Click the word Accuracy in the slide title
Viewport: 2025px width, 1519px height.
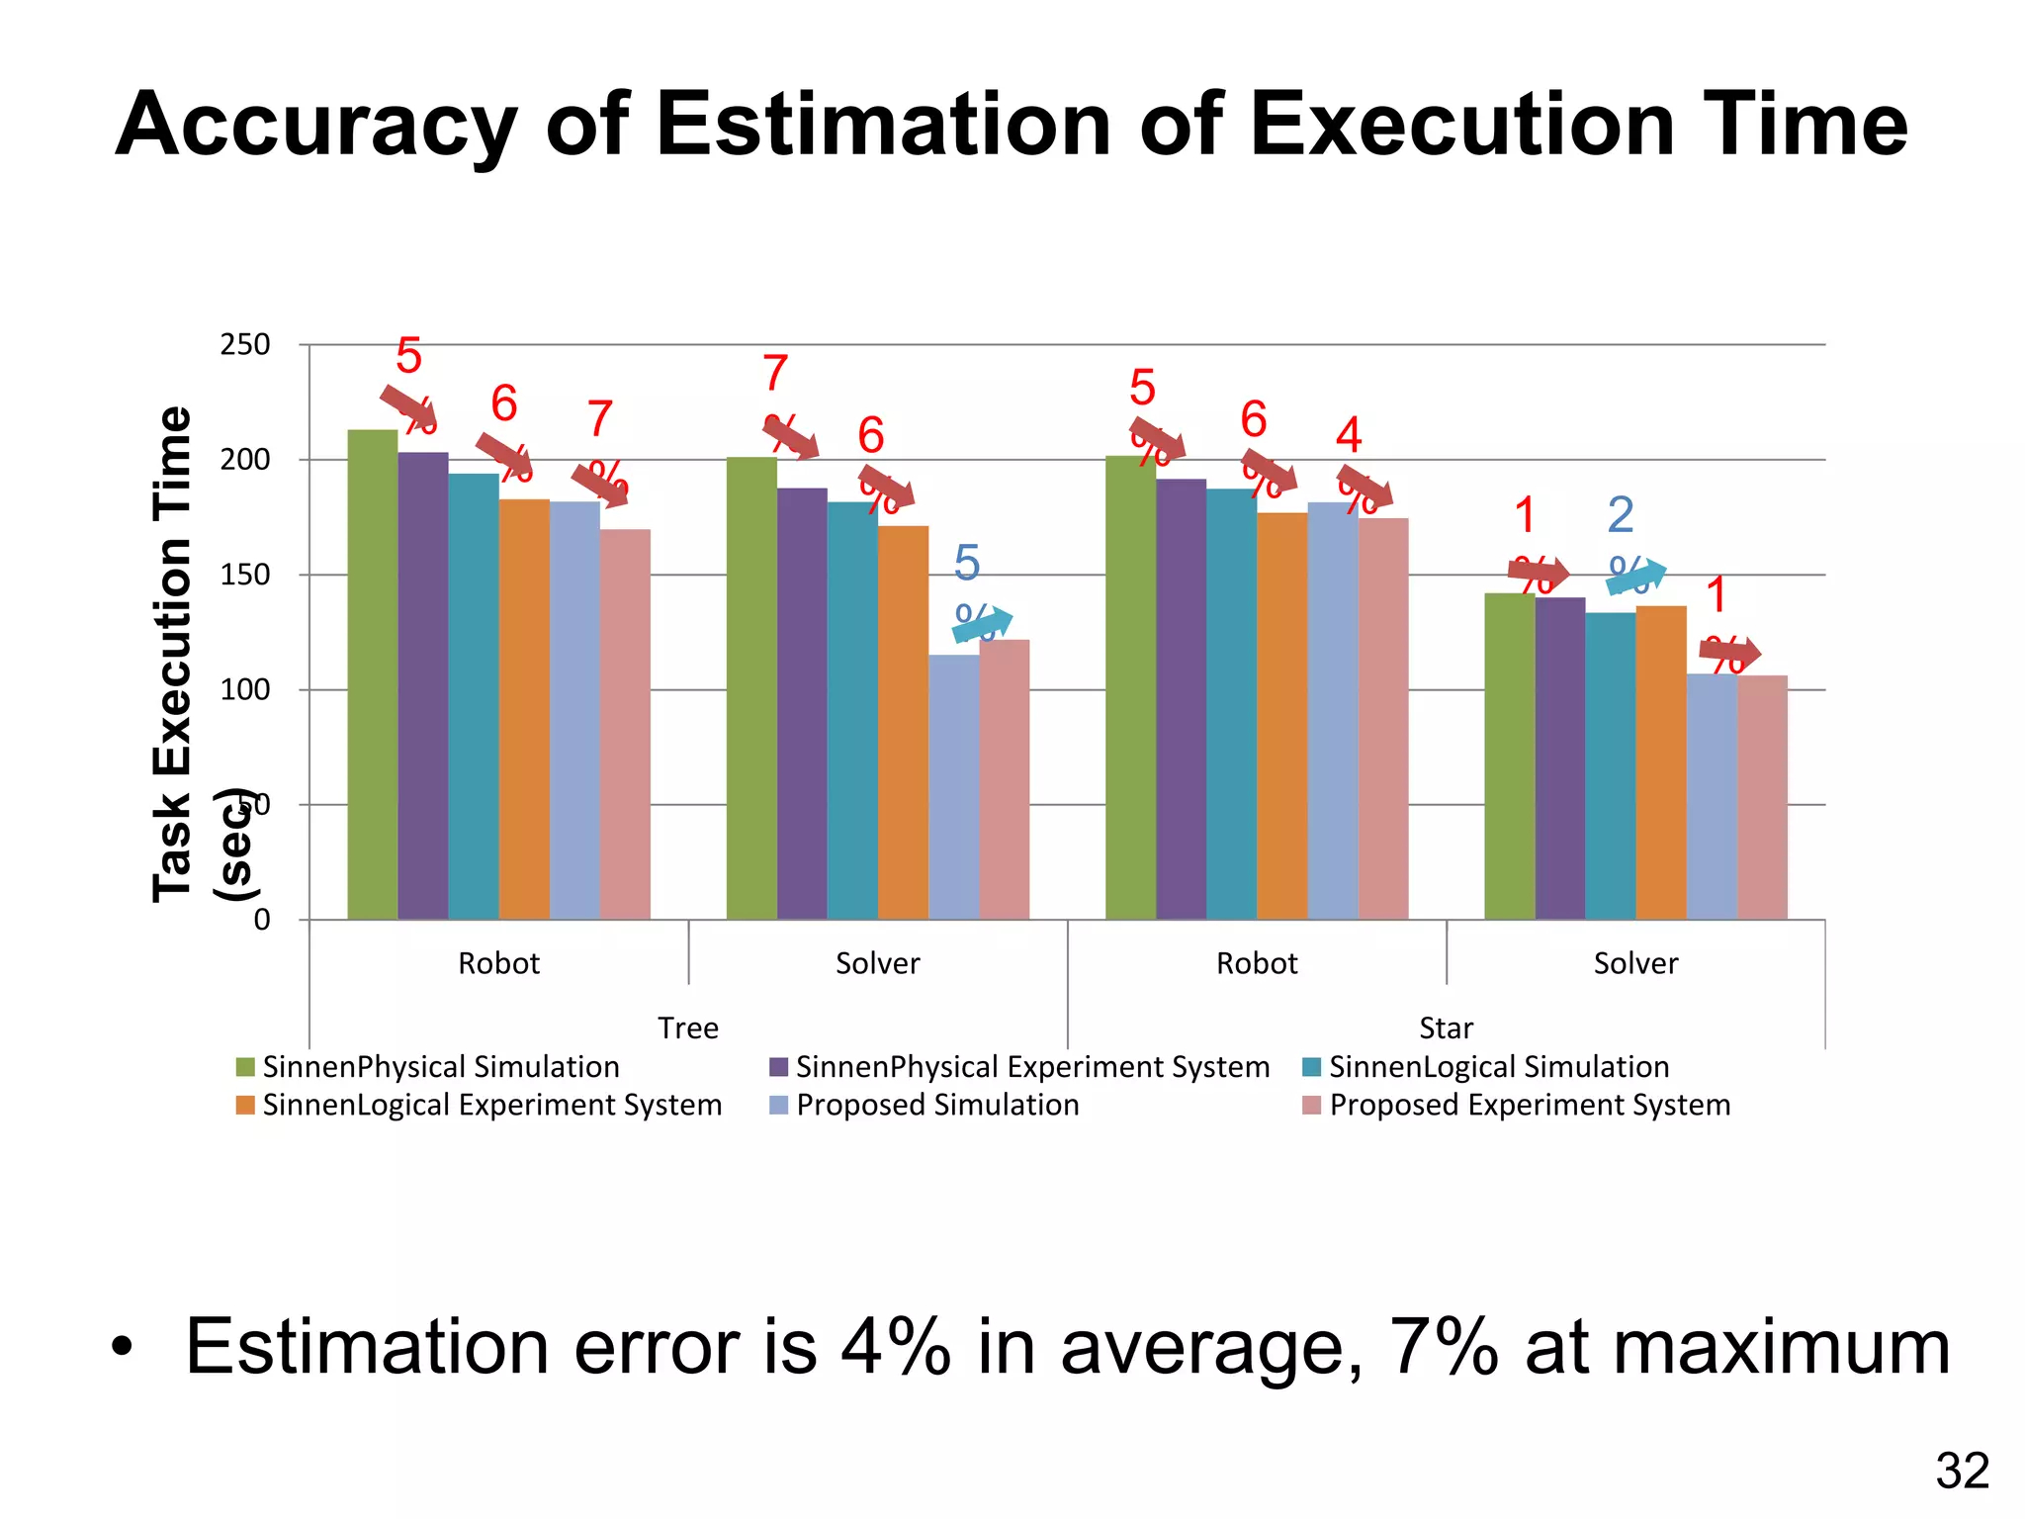pyautogui.click(x=315, y=127)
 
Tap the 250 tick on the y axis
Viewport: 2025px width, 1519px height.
pyautogui.click(x=244, y=345)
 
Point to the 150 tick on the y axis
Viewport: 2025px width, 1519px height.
pyautogui.click(x=244, y=575)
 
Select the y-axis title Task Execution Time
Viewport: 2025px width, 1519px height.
pyautogui.click(x=172, y=653)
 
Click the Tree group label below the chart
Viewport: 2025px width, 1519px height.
pyautogui.click(x=688, y=1028)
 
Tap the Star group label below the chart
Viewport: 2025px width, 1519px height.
pyautogui.click(x=1446, y=1028)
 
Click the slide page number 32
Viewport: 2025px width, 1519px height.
pyautogui.click(x=1962, y=1472)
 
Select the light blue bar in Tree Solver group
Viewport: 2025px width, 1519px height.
pyautogui.click(x=953, y=787)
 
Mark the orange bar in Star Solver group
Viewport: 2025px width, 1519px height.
pyautogui.click(x=1661, y=762)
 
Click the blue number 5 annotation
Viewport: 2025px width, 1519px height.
pyautogui.click(x=967, y=564)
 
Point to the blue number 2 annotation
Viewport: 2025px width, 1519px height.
pyautogui.click(x=1621, y=514)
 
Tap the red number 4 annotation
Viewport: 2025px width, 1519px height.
pyautogui.click(x=1349, y=435)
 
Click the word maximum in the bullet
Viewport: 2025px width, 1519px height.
pyautogui.click(x=1737, y=1347)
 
